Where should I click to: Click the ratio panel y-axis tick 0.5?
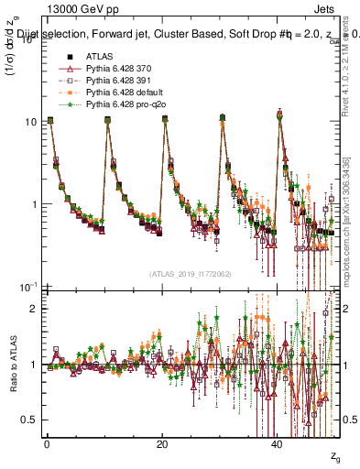pyautogui.click(x=28, y=420)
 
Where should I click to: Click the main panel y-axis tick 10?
pyautogui.click(x=29, y=122)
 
